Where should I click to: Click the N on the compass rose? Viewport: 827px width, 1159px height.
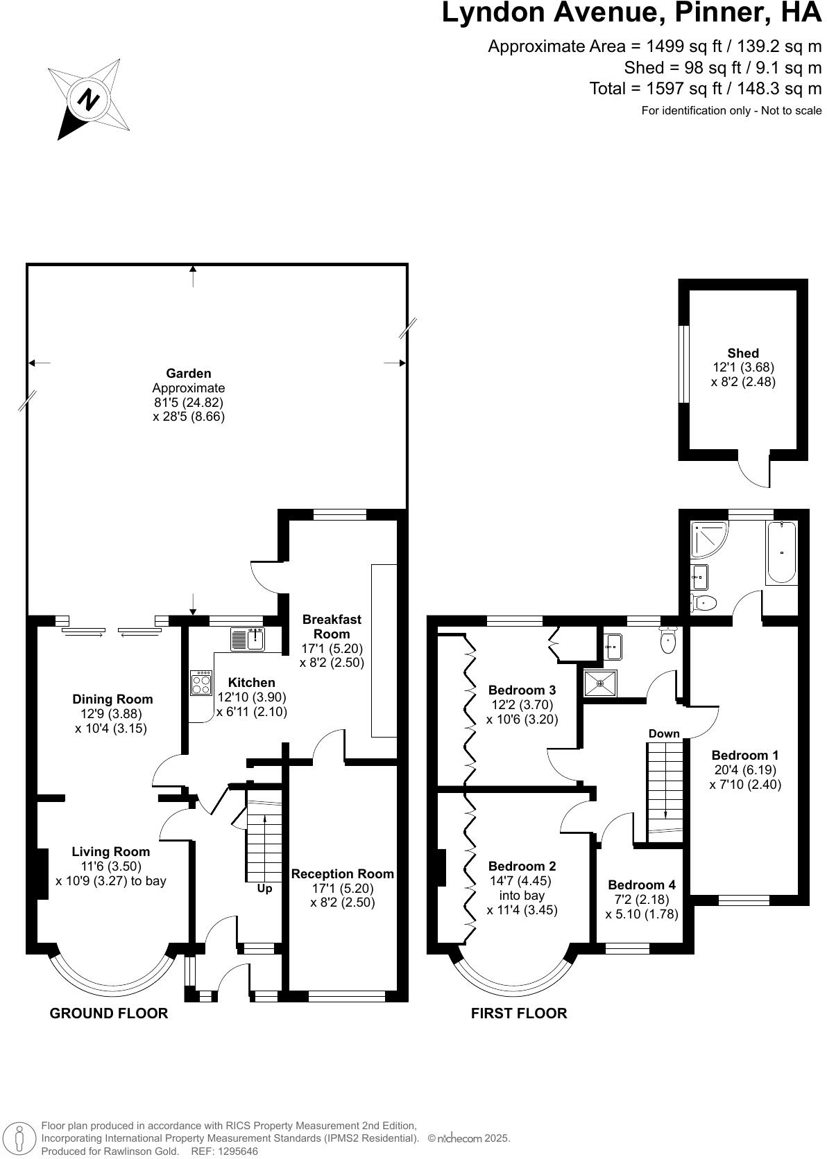87,100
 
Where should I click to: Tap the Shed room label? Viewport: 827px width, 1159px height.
743,353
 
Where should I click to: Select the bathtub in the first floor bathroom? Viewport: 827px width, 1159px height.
782,552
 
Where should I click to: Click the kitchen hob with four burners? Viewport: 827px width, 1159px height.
201,683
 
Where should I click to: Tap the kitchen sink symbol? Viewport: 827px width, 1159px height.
248,638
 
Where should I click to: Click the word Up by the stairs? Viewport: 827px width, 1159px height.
264,889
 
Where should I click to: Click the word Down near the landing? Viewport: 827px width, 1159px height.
664,733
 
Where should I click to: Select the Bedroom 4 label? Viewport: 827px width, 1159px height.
641,885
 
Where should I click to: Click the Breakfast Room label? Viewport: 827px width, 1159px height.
332,626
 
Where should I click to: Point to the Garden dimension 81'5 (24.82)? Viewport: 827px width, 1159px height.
189,402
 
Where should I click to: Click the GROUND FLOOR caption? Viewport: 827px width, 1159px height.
109,1013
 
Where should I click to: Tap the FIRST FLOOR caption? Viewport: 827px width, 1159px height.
519,1013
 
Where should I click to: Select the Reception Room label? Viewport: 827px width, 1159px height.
343,874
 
